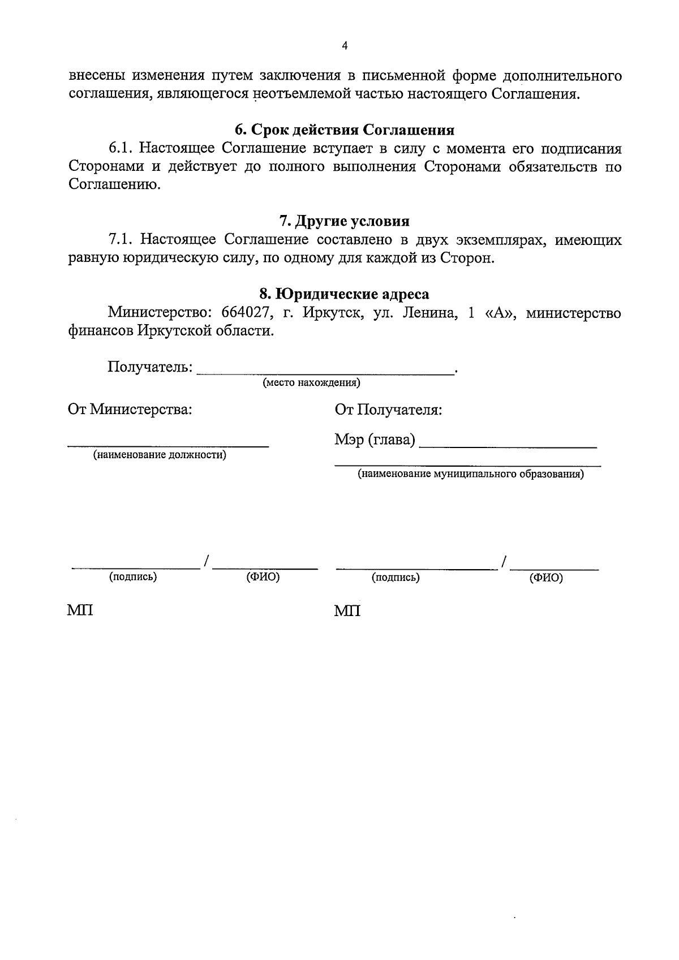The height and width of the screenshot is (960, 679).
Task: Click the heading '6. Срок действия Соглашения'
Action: pos(345,130)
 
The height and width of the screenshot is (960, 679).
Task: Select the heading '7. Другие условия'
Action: pos(345,221)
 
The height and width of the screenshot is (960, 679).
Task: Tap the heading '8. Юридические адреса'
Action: pos(345,294)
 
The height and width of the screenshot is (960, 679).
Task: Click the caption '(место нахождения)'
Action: pos(311,383)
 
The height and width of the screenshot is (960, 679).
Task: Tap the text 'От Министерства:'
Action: pos(130,410)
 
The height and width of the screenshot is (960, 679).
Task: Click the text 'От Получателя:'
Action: pos(388,410)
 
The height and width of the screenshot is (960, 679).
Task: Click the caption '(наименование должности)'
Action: pos(160,455)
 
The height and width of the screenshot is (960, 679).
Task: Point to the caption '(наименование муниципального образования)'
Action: pos(470,474)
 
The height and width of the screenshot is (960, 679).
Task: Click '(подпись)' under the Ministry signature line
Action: pos(133,577)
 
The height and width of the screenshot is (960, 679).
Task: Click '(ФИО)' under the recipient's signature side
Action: pos(546,578)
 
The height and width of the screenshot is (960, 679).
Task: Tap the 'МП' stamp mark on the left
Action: pos(80,611)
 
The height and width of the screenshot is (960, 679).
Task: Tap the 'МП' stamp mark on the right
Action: pos(347,611)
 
